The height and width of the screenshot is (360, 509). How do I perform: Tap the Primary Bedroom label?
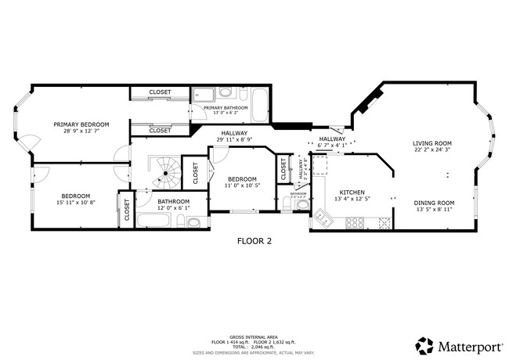pos(81,124)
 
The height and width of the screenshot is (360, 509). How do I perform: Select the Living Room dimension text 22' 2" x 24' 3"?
pos(432,150)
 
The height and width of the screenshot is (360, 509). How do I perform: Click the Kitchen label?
pos(352,192)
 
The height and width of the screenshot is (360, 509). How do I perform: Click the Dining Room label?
pos(434,203)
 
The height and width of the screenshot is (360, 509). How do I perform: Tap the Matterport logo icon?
pos(424,345)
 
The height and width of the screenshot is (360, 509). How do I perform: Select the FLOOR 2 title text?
pos(254,241)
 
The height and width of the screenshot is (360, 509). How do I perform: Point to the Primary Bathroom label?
pos(226,107)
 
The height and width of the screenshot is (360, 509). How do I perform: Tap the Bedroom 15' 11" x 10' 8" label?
pos(76,196)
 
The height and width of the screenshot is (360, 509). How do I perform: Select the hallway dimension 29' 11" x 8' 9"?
pos(234,140)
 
